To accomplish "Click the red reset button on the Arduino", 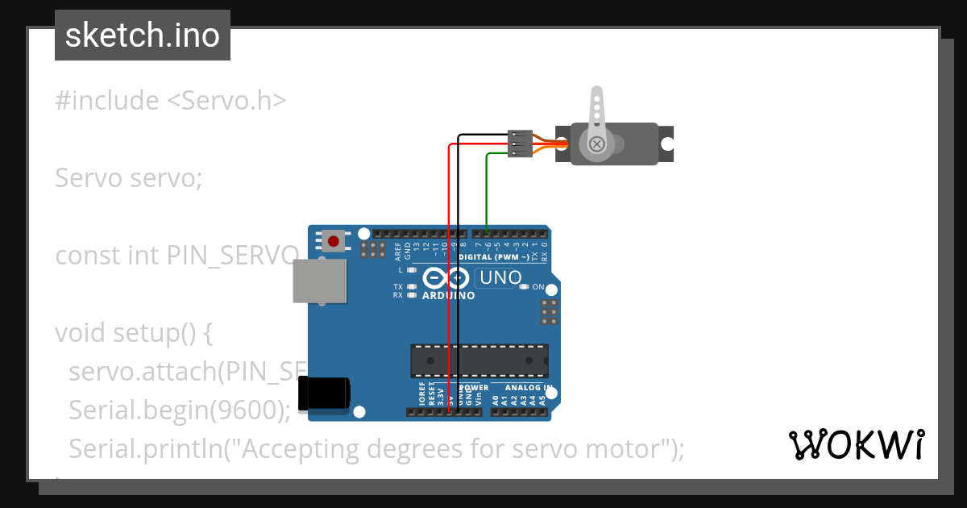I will (x=333, y=240).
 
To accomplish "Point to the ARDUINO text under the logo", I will (x=448, y=295).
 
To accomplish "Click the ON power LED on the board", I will (x=525, y=287).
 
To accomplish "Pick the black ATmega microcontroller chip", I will (x=479, y=360).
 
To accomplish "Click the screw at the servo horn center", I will (x=596, y=144).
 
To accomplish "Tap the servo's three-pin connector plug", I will (x=520, y=144).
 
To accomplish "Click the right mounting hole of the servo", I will (x=666, y=144).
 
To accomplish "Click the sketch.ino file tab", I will (x=143, y=35).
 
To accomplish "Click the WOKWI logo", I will (x=856, y=444).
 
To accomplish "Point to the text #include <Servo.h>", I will (x=171, y=101).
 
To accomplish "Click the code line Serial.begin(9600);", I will (x=179, y=410).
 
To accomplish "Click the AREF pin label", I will (x=398, y=252).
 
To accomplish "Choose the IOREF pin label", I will (x=421, y=395).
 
